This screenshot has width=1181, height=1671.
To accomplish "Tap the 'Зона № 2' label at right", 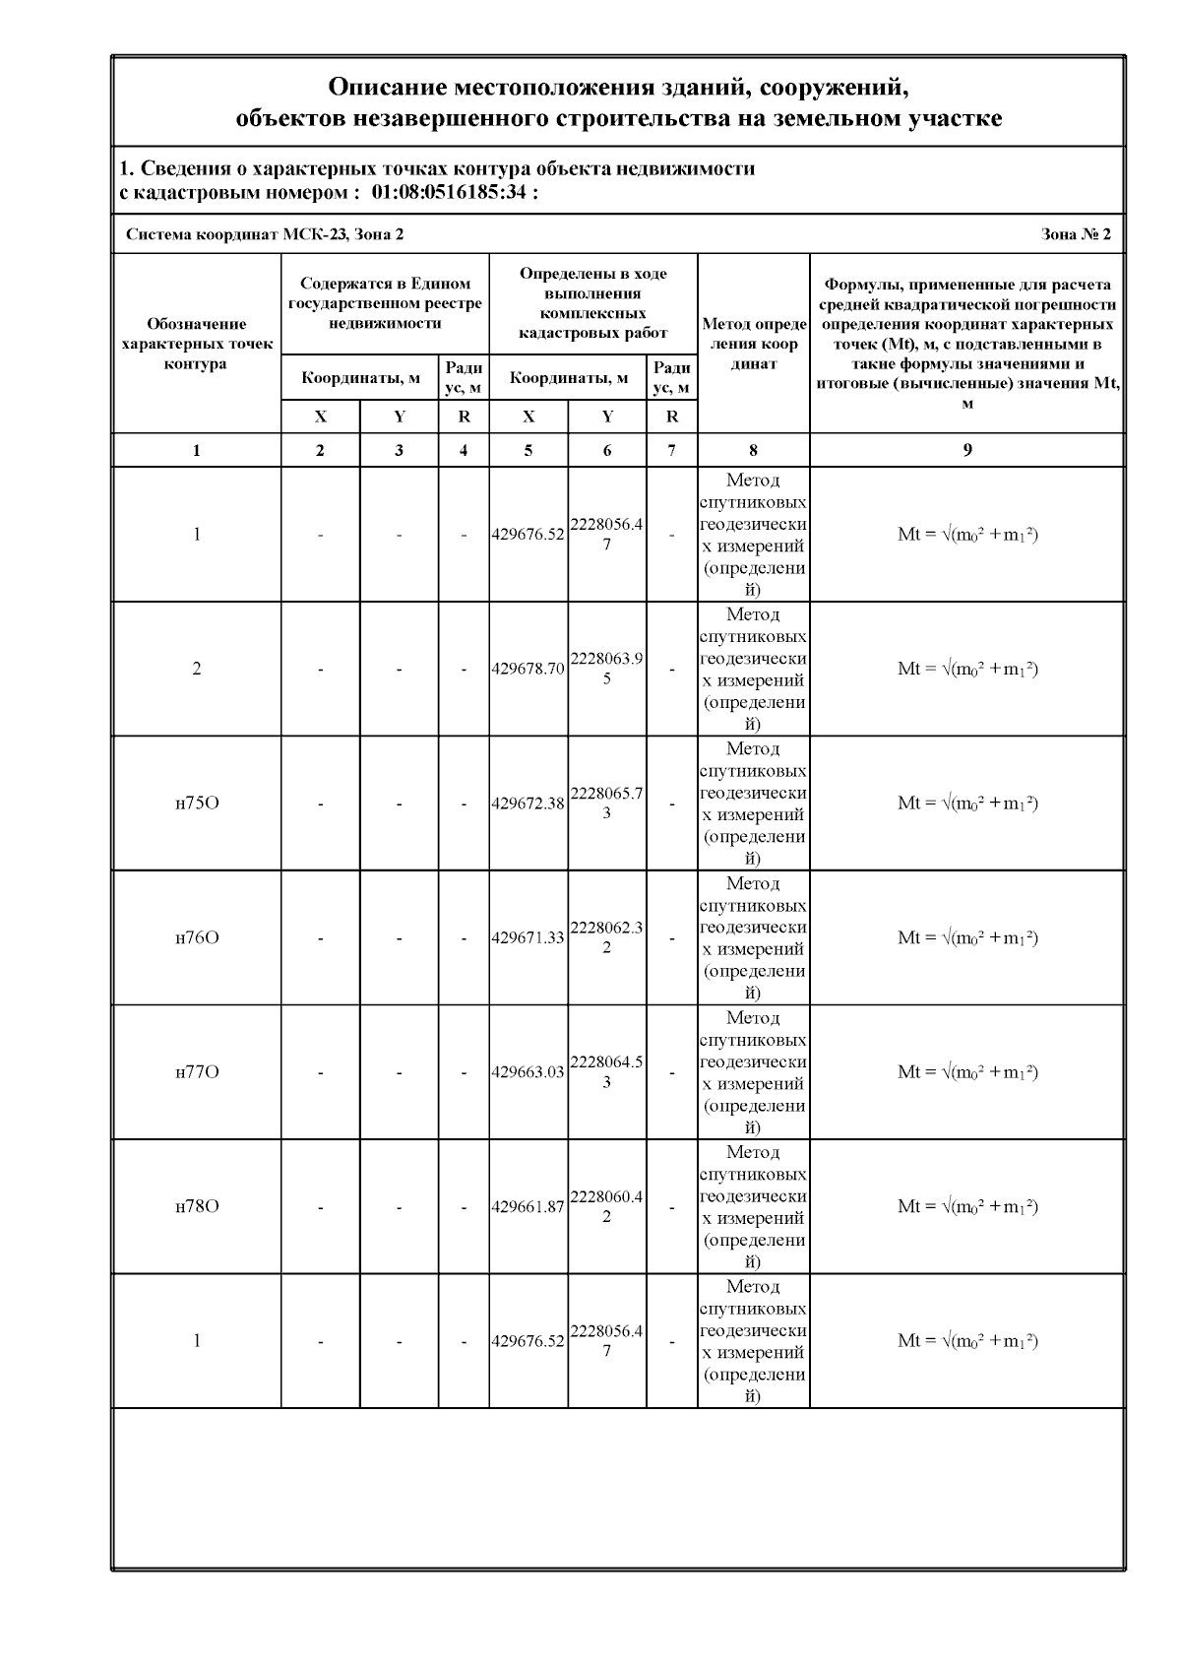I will (x=1076, y=234).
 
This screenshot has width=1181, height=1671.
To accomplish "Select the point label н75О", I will (x=197, y=803).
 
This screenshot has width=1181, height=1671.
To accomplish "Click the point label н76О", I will (x=197, y=937).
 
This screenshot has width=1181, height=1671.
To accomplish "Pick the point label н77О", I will (x=197, y=1071).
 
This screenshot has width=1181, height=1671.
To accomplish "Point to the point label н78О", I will (x=197, y=1206).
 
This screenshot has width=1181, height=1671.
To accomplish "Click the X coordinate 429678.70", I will (x=528, y=669).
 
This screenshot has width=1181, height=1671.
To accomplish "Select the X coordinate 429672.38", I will (x=528, y=803).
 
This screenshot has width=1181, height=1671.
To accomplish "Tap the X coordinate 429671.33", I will (x=528, y=937).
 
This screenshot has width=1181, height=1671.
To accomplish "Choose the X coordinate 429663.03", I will (x=528, y=1071).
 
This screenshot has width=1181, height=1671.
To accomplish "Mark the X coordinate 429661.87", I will (x=528, y=1206).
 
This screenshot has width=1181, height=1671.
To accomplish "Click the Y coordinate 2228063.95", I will (x=606, y=669).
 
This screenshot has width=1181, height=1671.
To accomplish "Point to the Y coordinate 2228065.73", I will (x=606, y=803).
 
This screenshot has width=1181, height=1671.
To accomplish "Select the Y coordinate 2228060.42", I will (x=606, y=1206).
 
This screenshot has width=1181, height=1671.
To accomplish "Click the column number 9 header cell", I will (x=967, y=450).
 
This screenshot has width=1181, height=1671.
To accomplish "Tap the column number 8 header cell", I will (x=753, y=450).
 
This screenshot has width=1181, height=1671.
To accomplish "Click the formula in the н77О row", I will (x=967, y=1071).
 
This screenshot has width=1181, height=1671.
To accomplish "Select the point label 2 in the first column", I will (x=197, y=669).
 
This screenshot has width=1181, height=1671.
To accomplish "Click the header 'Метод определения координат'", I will (x=754, y=344).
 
